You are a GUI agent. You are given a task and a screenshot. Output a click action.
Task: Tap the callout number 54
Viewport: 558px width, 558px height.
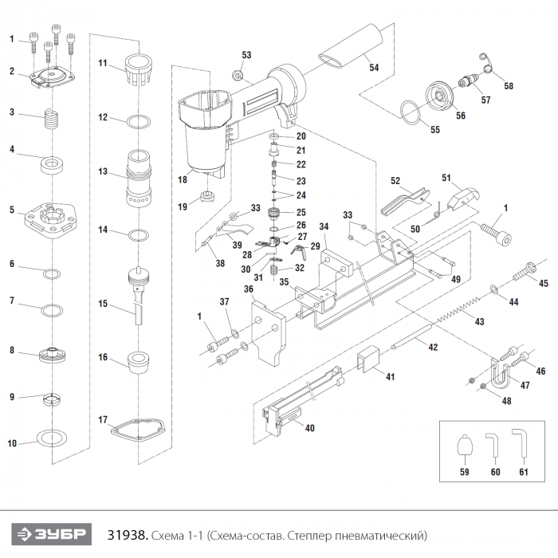tap(373, 68)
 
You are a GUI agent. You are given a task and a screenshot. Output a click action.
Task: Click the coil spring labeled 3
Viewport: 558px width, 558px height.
tap(53, 123)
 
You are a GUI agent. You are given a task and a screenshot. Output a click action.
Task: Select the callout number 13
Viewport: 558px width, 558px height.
tap(102, 171)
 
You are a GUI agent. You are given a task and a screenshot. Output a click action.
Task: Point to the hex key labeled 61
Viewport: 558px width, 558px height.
tap(521, 442)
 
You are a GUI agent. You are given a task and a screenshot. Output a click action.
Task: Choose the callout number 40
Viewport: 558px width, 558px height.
tap(309, 428)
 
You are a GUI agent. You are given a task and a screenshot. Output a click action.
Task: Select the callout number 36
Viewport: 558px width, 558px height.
tap(249, 289)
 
